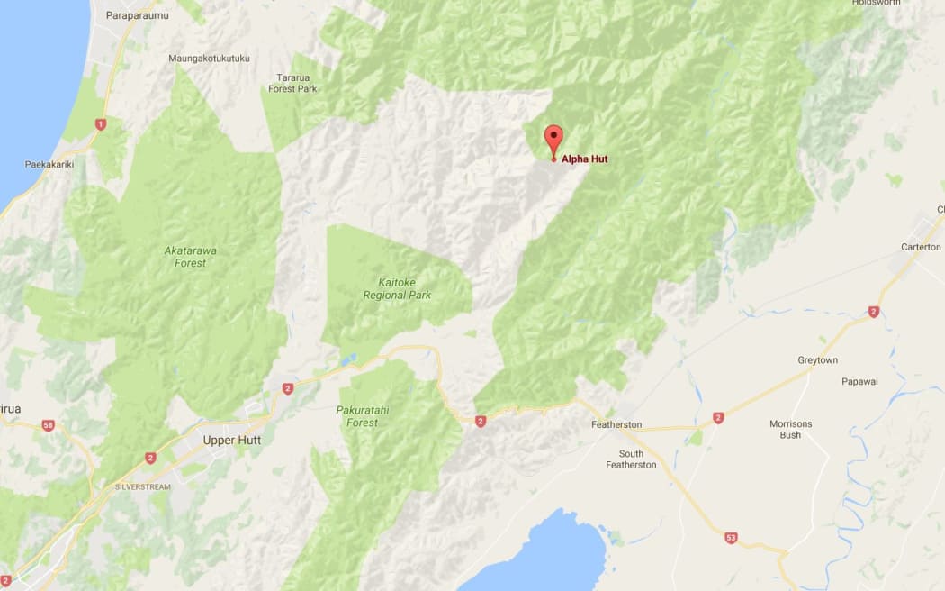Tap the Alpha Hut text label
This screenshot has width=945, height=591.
[x=584, y=159]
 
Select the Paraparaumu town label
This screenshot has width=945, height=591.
[x=137, y=15]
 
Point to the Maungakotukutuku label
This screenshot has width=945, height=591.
[x=209, y=59]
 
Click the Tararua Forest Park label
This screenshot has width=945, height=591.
[x=294, y=83]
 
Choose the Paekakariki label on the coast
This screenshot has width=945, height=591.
[x=49, y=165]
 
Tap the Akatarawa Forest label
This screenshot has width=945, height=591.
[x=185, y=257]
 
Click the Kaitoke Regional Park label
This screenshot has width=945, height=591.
[x=397, y=288]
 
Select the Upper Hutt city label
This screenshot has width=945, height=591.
[x=231, y=441]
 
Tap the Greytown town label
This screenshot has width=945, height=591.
[x=817, y=360]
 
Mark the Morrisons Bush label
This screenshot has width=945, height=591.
[x=790, y=430]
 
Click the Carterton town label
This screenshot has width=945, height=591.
[x=921, y=247]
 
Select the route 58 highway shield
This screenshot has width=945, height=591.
[x=48, y=424]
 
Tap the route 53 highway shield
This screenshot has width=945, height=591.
[x=731, y=538]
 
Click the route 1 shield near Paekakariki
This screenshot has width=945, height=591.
[x=100, y=124]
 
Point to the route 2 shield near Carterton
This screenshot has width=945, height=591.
[x=873, y=312]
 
